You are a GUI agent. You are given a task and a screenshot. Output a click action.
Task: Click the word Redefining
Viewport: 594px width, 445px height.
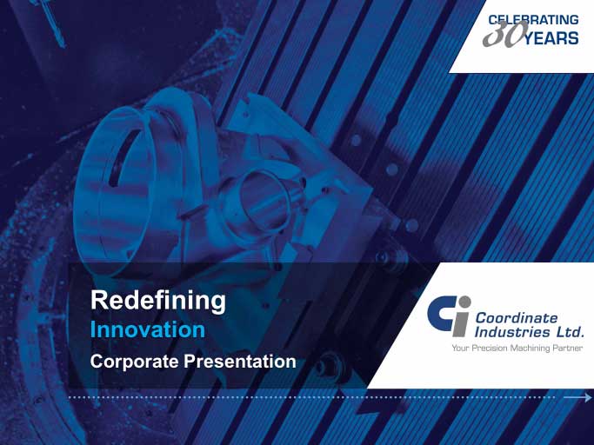pos(158,301)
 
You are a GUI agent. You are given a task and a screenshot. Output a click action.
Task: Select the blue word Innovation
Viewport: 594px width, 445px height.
pos(148,330)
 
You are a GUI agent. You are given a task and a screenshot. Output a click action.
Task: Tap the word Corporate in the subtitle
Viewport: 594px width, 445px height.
pos(134,362)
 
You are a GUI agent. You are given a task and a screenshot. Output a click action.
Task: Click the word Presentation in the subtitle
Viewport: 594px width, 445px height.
pos(240,362)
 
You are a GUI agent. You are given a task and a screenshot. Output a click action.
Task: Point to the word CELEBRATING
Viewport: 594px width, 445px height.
pos(533,20)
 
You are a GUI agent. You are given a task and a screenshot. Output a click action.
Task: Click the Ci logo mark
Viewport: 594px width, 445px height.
pos(449,316)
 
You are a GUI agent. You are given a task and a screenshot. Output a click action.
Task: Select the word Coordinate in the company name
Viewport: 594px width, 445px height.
pos(517,318)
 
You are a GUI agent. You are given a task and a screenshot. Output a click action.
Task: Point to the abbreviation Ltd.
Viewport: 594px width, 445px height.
pos(570,332)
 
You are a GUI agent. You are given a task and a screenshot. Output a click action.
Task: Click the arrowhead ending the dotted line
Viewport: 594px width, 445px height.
pos(587,397)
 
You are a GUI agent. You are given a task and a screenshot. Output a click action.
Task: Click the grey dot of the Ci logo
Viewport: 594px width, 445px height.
pos(464,302)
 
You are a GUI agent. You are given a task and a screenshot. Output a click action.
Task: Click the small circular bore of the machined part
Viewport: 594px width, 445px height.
pos(263,201)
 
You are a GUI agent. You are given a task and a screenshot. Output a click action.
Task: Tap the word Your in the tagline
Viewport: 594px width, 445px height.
pos(460,348)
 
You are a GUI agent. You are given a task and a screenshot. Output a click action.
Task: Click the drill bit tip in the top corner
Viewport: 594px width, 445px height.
pos(62,45)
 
